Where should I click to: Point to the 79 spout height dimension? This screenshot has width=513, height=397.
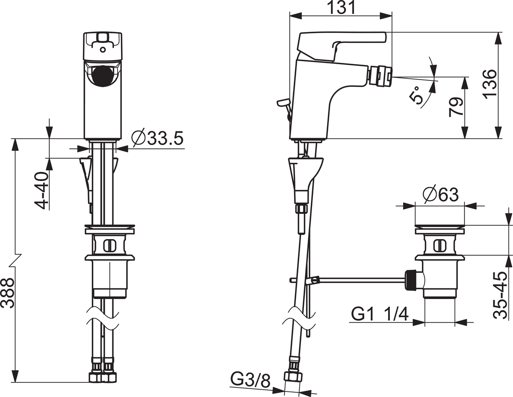click(456, 107)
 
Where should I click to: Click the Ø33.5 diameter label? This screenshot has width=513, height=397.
click(157, 138)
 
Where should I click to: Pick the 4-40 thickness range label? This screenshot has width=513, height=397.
click(41, 191)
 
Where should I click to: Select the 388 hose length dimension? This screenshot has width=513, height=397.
click(7, 293)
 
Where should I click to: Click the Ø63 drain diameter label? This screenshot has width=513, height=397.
click(441, 195)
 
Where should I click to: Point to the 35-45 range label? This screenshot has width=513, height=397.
click(500, 296)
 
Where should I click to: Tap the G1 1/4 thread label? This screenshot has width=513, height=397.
click(380, 314)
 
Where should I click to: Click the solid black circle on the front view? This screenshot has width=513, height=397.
click(102, 77)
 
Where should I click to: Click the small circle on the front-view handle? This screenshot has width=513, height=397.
click(103, 50)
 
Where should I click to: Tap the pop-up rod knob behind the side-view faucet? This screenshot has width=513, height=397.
click(283, 102)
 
